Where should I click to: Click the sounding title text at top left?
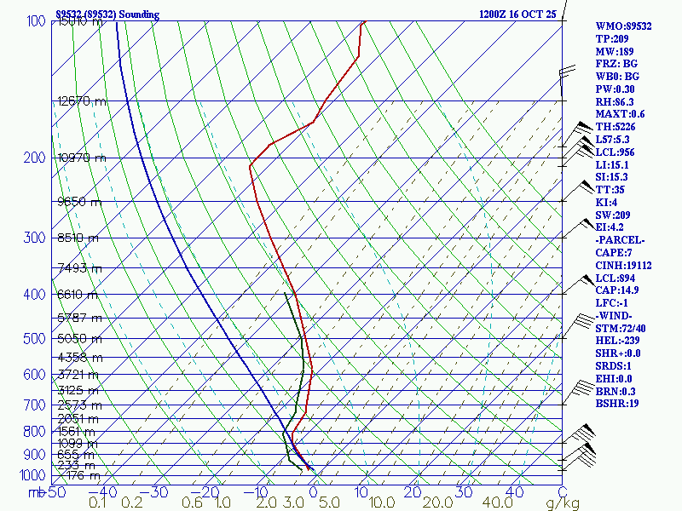[x=107, y=14]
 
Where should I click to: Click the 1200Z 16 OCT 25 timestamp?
[x=517, y=14]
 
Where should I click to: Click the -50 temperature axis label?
[x=55, y=491]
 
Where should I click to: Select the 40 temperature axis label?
[x=514, y=491]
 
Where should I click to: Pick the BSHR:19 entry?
[x=618, y=404]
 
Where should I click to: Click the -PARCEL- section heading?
[x=620, y=240]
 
